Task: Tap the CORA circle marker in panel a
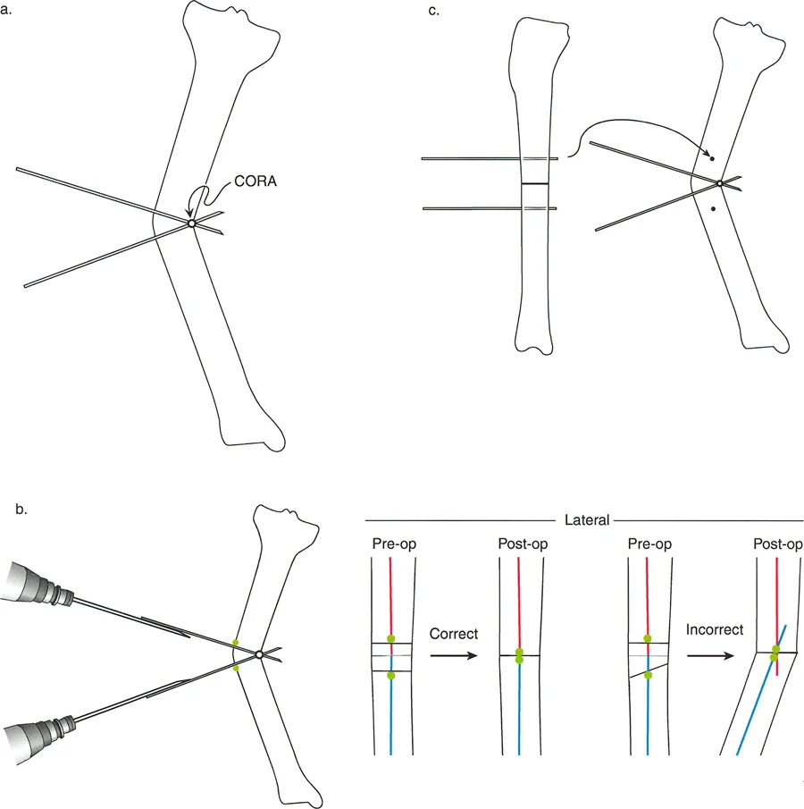pos(191,223)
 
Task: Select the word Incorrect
pos(715,629)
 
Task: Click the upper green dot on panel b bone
pos(236,642)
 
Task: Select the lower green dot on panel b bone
pos(236,667)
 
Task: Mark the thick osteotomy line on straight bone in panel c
pos(534,183)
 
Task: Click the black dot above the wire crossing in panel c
pos(712,158)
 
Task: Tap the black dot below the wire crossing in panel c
pos(712,208)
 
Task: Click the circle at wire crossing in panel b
pos(258,654)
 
